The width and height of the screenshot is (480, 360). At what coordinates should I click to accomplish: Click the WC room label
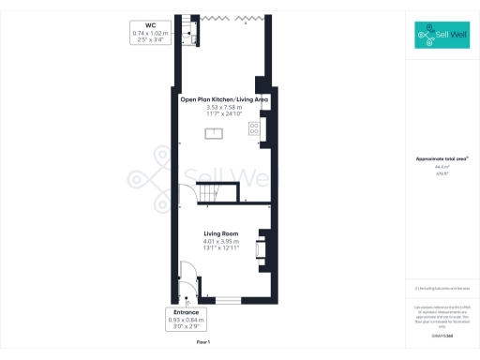pos(150,25)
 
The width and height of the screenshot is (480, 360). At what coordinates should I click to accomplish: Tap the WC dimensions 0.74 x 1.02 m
pos(150,34)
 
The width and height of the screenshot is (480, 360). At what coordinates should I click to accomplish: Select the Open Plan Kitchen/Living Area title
pos(224,98)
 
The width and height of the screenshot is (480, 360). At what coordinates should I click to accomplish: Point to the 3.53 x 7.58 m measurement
pos(224,107)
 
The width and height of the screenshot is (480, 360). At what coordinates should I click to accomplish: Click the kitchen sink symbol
pos(216,132)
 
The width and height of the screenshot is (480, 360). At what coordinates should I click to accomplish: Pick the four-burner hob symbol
pos(254,128)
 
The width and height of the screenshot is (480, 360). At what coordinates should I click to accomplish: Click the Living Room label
pos(222,233)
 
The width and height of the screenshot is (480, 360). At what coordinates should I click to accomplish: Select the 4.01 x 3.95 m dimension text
pos(222,241)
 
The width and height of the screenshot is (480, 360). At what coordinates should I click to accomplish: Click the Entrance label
pos(185,312)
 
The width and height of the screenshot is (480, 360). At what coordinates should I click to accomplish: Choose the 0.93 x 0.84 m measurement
pos(185,320)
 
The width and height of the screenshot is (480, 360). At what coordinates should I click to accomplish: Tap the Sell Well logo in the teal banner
pos(442,37)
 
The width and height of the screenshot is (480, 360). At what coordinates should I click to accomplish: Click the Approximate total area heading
pos(441,159)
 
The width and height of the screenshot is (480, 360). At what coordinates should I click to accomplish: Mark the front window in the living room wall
pos(224,299)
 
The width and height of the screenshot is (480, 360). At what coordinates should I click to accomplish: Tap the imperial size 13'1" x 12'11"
pos(222,248)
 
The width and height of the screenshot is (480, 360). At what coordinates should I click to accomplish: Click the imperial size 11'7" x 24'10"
pos(224,114)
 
